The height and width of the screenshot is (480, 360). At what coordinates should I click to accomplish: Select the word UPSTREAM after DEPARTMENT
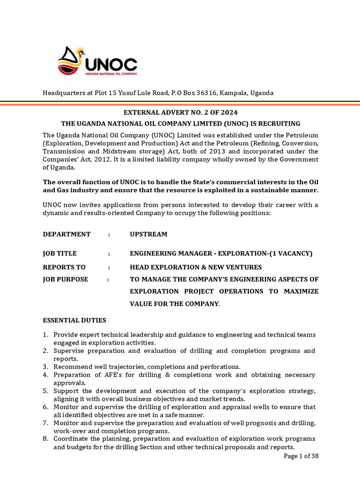click(x=149, y=234)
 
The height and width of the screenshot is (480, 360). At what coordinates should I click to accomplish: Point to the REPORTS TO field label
click(x=65, y=267)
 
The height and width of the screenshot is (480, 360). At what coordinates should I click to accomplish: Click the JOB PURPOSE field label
click(x=66, y=279)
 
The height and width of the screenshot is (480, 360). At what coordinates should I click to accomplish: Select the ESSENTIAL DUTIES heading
click(x=75, y=320)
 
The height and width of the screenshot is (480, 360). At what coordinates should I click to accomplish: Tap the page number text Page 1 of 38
click(x=301, y=457)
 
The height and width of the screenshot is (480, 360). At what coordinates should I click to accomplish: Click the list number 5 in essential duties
click(x=45, y=390)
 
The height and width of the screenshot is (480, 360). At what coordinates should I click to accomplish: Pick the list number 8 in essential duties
click(x=45, y=439)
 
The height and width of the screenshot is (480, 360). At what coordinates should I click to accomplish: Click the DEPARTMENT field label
click(x=67, y=234)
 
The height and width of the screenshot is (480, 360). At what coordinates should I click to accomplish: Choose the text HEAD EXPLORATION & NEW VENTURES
click(x=195, y=267)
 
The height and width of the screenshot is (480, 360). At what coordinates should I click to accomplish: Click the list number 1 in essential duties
click(x=45, y=335)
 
